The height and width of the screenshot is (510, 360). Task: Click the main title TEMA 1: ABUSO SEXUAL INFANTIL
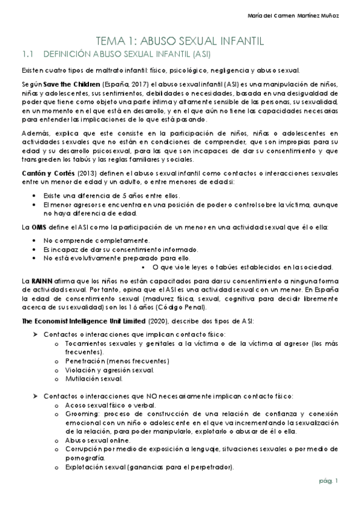tap(180, 41)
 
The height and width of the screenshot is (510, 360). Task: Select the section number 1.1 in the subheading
tap(27, 54)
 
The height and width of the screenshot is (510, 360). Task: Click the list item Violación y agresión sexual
tap(105, 370)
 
